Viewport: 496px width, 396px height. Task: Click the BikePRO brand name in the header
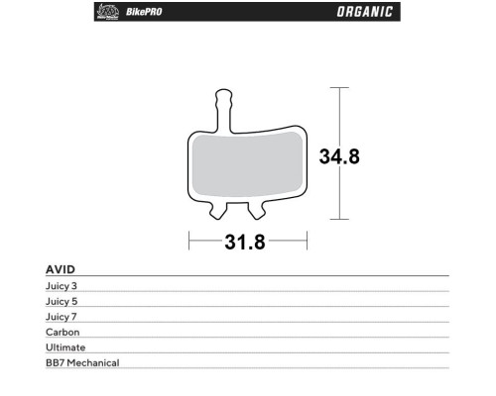coord(144,12)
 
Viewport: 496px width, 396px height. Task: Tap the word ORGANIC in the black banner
coord(365,12)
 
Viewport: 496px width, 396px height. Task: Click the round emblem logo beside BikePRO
coord(108,12)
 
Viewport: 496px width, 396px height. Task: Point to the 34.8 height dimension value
coord(339,156)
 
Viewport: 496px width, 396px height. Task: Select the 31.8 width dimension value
coord(245,242)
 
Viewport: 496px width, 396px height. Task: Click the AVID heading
coord(61,269)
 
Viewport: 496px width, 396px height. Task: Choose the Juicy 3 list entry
coord(62,286)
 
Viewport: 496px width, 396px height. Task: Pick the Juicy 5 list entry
coord(62,301)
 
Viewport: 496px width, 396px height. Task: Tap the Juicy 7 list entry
coord(62,317)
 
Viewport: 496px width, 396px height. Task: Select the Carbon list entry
coord(62,332)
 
